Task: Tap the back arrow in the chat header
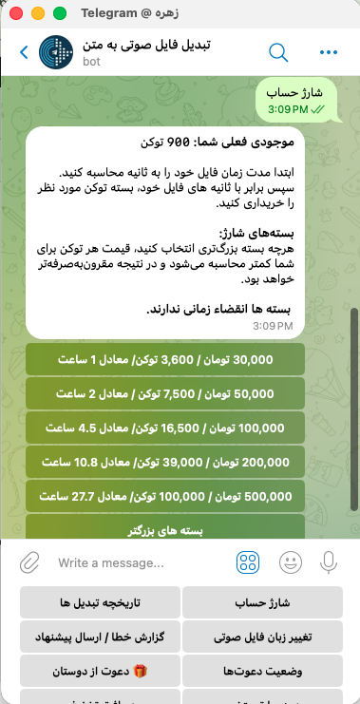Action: coord(24,52)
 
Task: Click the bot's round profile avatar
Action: coord(58,52)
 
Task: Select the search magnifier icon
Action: coord(278,52)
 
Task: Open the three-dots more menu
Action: coord(329,52)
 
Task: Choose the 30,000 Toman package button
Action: coord(165,359)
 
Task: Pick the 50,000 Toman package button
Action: coord(165,393)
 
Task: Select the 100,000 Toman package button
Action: coord(165,428)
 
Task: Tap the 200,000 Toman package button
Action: coord(165,462)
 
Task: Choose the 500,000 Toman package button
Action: coord(165,496)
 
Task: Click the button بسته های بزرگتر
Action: coord(165,528)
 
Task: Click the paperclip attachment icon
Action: coord(29,562)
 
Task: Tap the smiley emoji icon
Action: coord(290,562)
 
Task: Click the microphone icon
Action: coord(329,562)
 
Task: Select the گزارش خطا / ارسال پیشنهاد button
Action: coord(100,637)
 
